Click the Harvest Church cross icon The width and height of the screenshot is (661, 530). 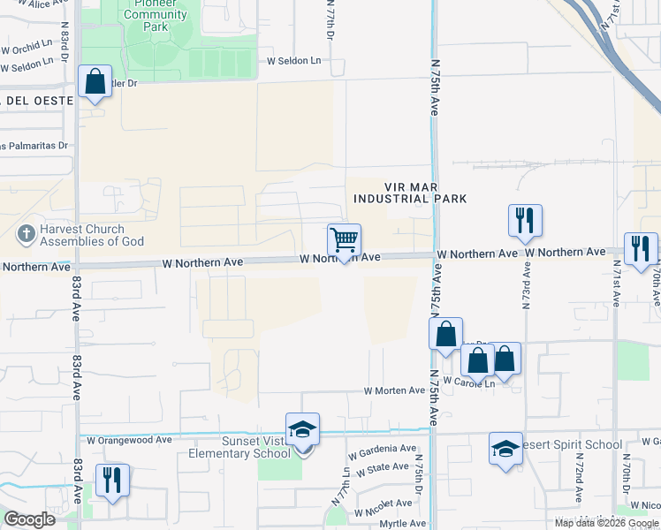[x=26, y=235]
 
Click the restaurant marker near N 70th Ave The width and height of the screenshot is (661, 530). [x=641, y=248]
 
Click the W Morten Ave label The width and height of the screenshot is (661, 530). [x=394, y=390]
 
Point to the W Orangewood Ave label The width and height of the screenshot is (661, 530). [x=129, y=439]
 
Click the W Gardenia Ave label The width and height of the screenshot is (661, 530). [x=382, y=450]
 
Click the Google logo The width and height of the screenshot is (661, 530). [x=28, y=519]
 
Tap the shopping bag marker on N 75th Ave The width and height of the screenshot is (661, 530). [x=446, y=335]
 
